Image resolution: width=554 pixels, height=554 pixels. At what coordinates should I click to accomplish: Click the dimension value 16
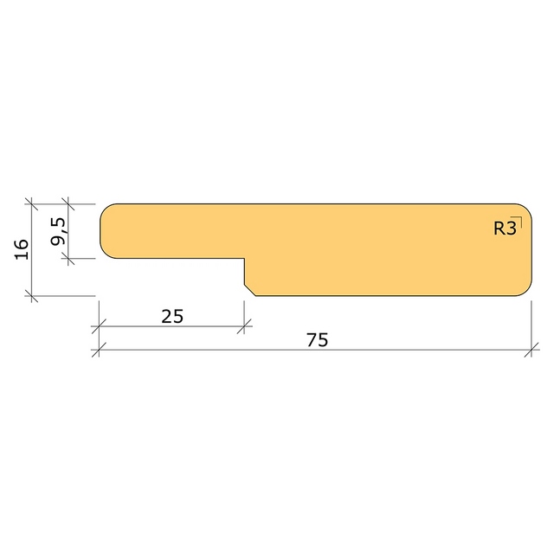coord(22,249)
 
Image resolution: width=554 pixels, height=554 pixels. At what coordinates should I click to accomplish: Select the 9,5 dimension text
coord(58,231)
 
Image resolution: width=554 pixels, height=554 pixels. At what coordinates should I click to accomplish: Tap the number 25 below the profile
coord(172,316)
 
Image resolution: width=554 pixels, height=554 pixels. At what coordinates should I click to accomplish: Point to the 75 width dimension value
coord(318,340)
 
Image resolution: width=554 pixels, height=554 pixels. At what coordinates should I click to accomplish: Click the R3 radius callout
coord(505,228)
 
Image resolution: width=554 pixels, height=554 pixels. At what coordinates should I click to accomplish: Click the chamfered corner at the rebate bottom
coord(250,290)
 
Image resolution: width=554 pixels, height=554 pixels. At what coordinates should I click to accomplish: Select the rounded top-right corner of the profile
coord(526,209)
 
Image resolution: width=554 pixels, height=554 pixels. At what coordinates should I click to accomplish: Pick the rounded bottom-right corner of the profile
coord(526,291)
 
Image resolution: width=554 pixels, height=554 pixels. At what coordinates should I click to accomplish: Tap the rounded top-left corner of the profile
coord(106,209)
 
